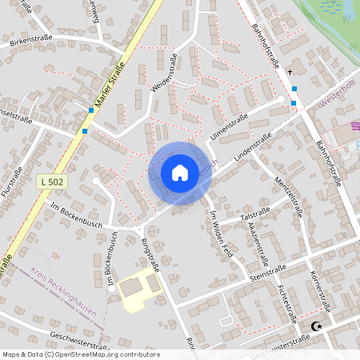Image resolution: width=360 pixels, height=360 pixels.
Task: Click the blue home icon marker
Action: click(x=180, y=172)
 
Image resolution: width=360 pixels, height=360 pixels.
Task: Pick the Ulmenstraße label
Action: click(x=230, y=126)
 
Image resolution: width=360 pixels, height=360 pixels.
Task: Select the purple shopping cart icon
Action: click(x=354, y=126)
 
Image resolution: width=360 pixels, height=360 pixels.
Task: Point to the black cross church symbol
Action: click(x=290, y=72)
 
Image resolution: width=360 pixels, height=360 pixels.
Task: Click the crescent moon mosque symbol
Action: click(x=318, y=326)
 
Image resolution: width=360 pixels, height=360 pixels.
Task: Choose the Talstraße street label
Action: click(x=254, y=215)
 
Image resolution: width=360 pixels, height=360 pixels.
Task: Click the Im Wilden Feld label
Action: click(x=221, y=232)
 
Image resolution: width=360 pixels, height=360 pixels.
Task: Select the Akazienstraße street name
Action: click(x=258, y=244)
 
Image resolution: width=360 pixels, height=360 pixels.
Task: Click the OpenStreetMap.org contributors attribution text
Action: click(x=108, y=354)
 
